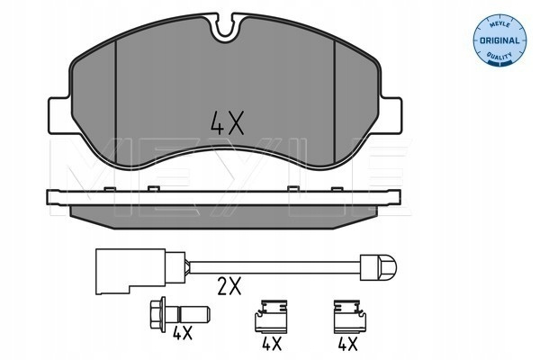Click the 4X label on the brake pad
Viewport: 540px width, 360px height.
click(228, 122)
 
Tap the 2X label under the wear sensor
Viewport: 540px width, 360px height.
click(229, 286)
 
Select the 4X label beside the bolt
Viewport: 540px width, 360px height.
click(183, 333)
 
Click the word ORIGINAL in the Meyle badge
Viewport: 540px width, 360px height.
click(499, 40)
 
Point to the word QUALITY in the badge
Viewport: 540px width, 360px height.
click(499, 56)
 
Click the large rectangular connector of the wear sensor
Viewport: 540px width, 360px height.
click(130, 271)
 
